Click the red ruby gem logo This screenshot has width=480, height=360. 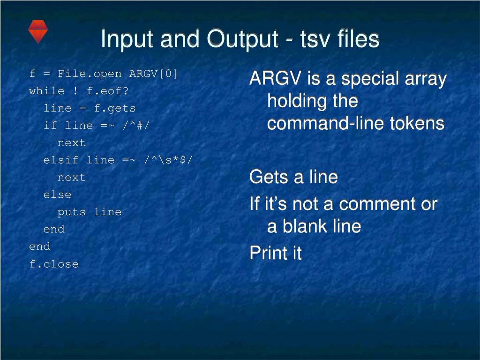tap(37, 31)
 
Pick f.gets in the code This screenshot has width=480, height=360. tap(114, 108)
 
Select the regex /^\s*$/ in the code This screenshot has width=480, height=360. tap(168, 160)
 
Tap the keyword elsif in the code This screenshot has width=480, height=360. tap(61, 160)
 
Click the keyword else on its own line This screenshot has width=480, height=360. tap(57, 195)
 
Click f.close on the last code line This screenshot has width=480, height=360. tap(54, 264)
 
